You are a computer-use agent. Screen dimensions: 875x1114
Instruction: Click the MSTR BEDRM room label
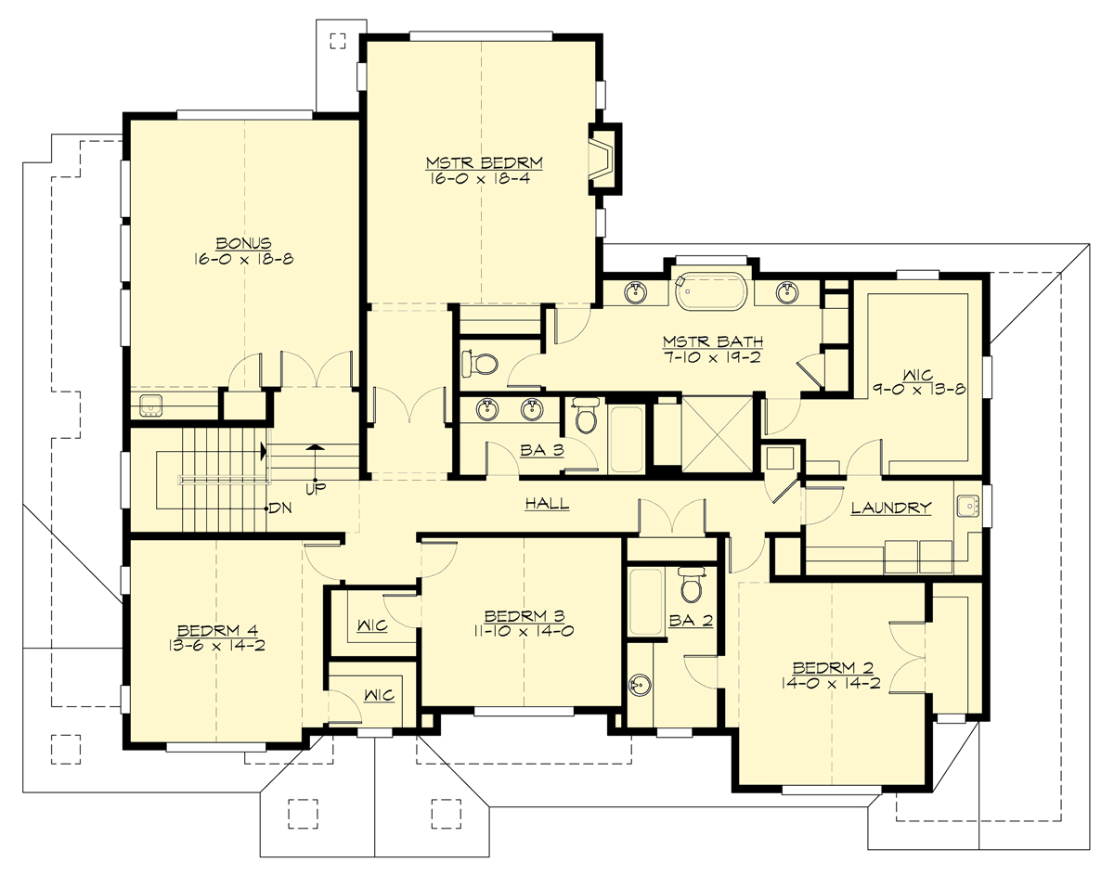click(484, 162)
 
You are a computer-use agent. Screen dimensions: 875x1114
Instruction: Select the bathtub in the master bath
click(709, 291)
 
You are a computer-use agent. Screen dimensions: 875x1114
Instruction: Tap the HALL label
click(547, 504)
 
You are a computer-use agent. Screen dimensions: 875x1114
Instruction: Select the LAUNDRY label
click(890, 508)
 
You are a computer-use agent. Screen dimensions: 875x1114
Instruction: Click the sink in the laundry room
click(968, 507)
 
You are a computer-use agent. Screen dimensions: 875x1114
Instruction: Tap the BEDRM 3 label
click(524, 616)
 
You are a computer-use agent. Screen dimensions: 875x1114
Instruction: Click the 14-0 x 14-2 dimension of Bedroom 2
click(832, 684)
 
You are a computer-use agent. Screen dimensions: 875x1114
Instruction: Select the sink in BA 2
click(640, 686)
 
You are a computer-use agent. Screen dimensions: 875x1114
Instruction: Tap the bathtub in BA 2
click(646, 602)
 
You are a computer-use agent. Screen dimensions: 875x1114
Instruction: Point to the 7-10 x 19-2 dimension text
click(711, 357)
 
